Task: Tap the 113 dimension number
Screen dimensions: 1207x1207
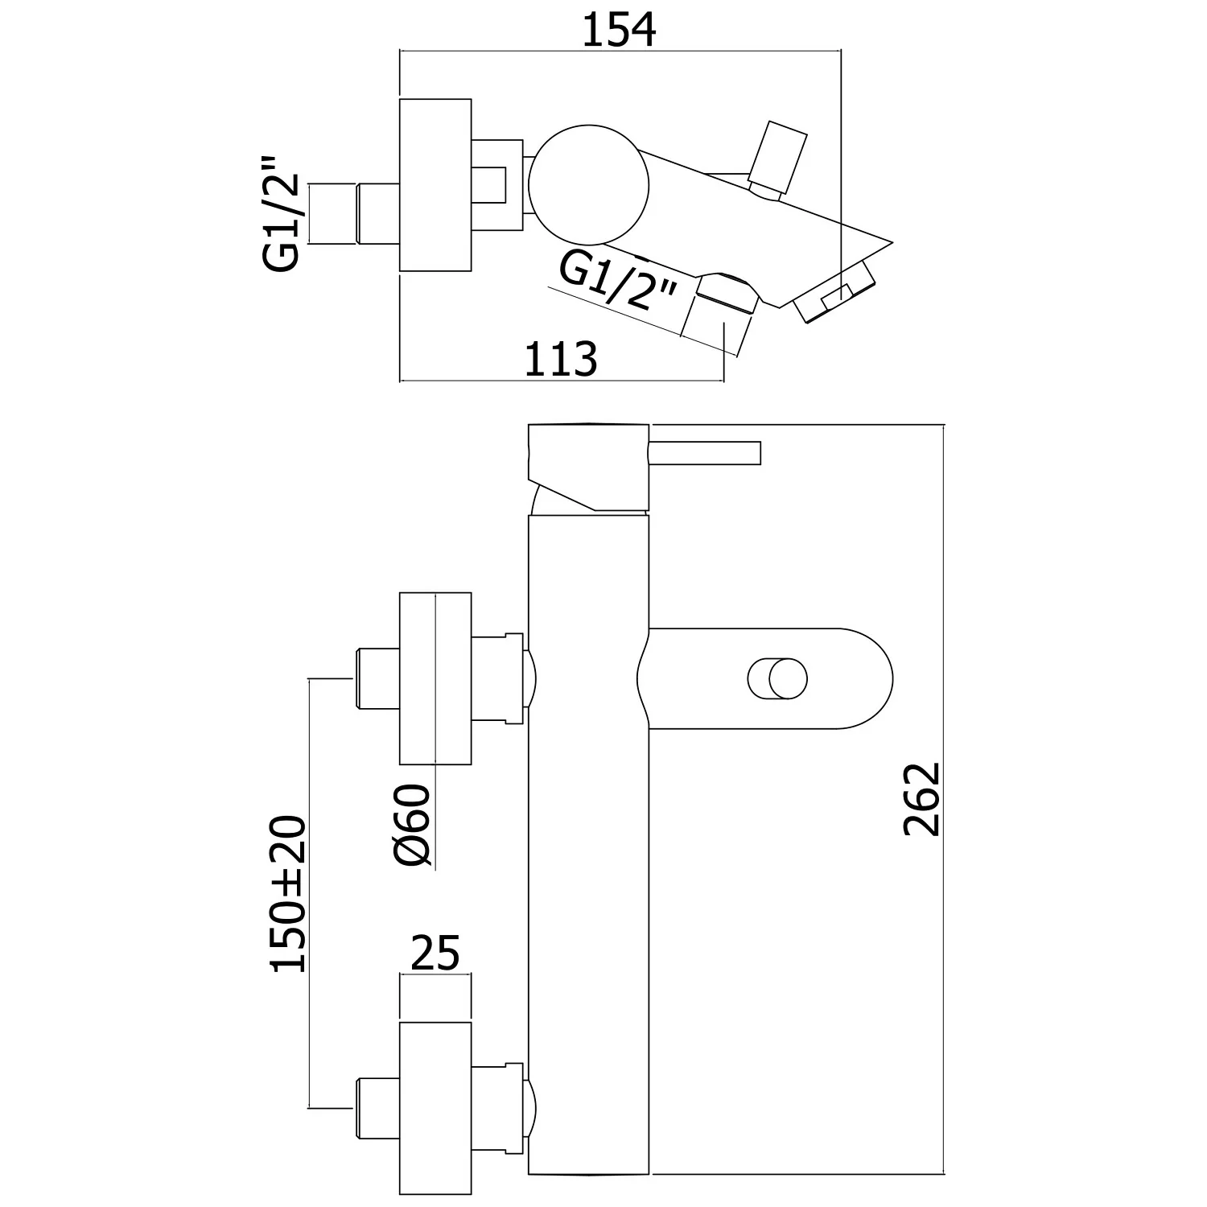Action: click(561, 359)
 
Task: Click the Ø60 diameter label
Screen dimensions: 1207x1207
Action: click(414, 827)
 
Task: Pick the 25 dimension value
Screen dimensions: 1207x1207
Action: click(435, 954)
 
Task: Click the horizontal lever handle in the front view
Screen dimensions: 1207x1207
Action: click(704, 452)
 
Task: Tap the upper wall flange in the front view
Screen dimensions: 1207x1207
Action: click(435, 679)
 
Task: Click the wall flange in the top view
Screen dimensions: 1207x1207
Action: click(435, 185)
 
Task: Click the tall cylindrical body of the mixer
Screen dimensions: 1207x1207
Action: click(587, 845)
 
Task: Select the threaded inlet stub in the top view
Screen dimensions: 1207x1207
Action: click(354, 214)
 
